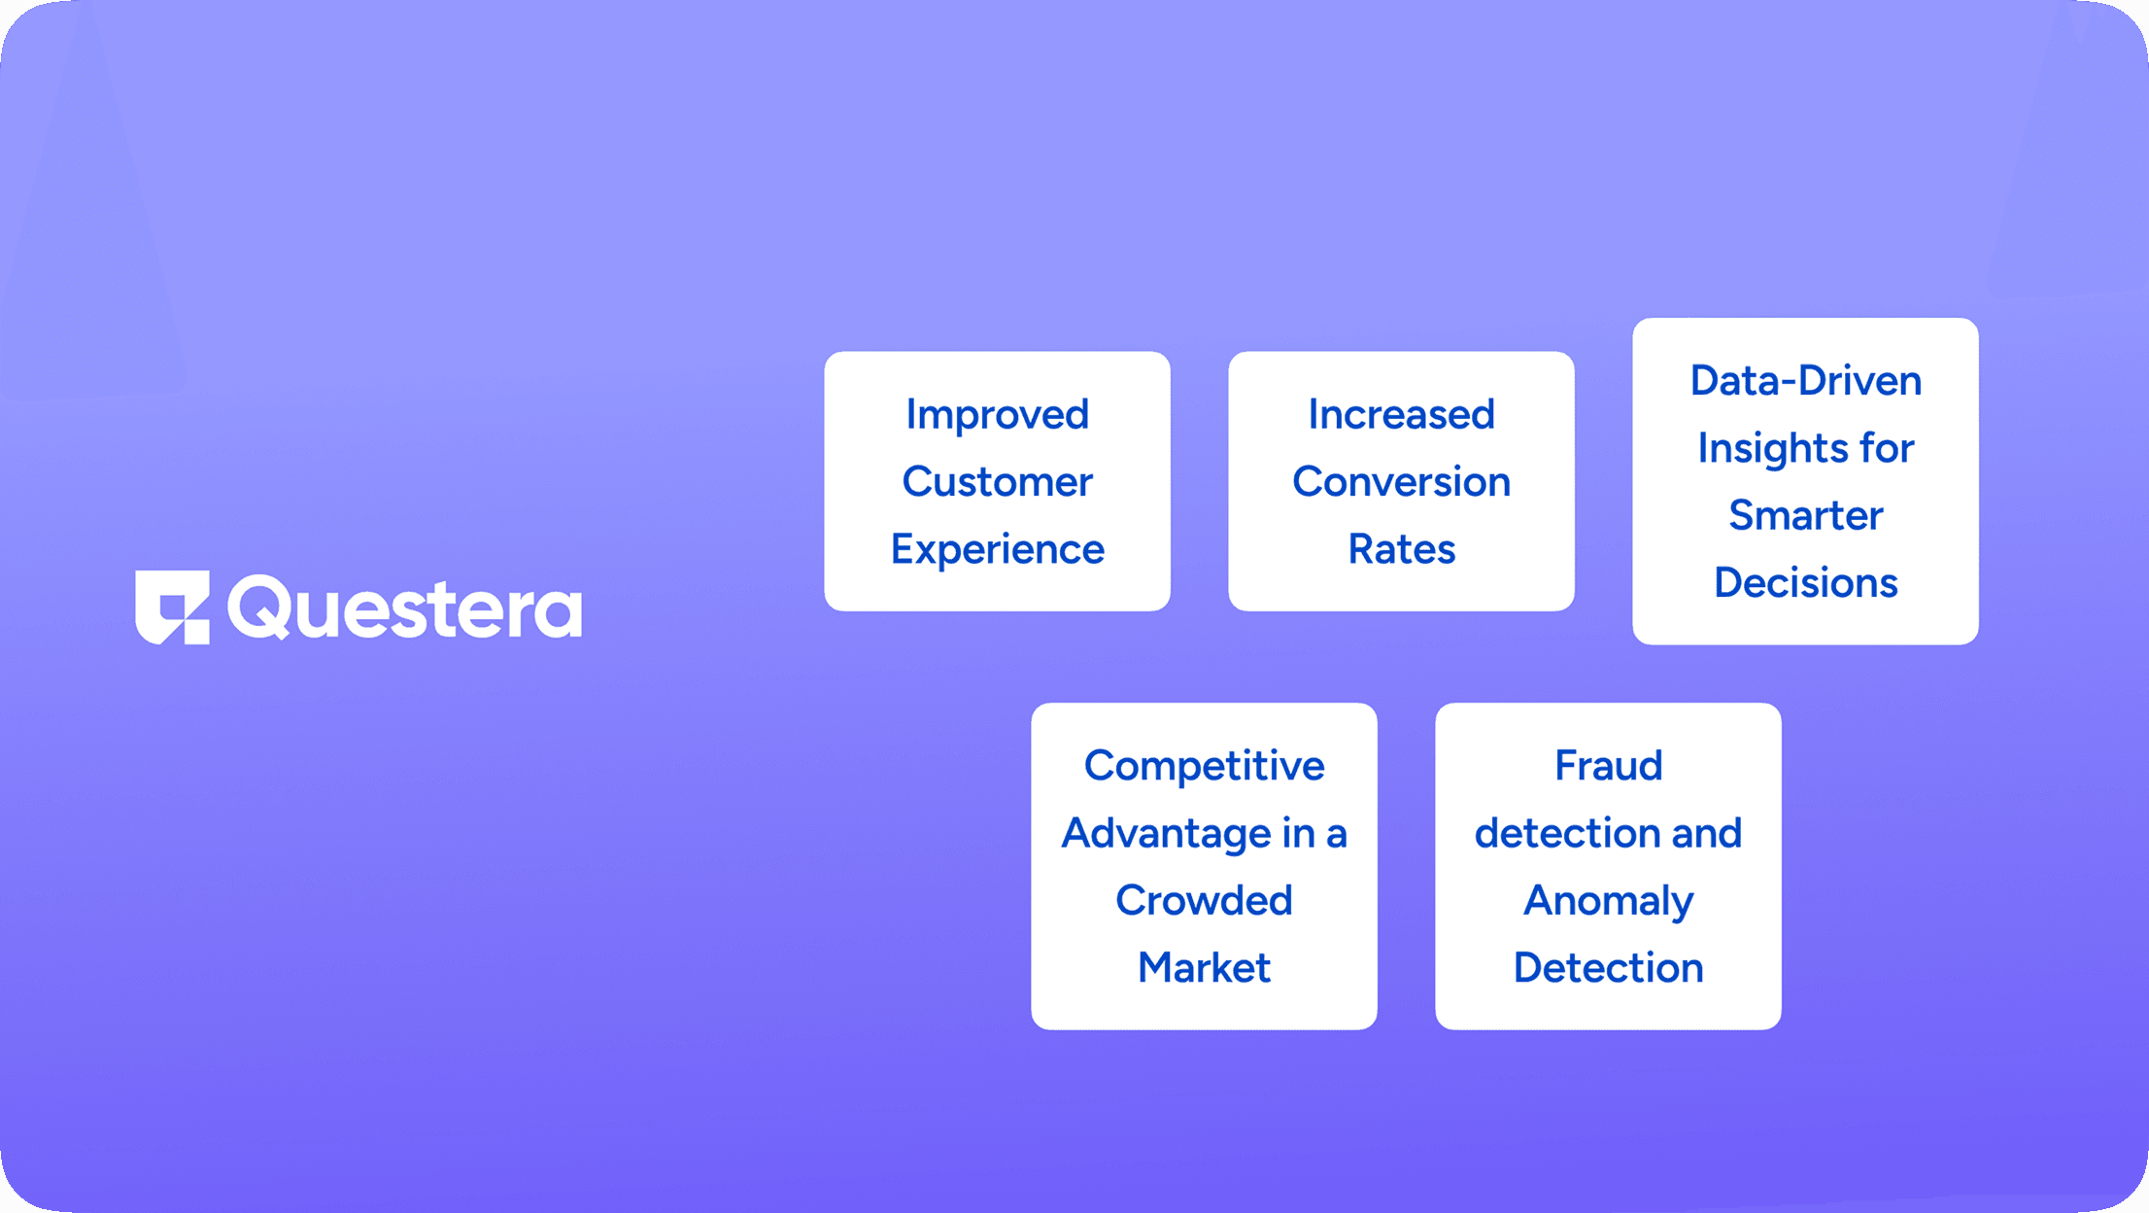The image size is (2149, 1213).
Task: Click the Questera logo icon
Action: pyautogui.click(x=172, y=607)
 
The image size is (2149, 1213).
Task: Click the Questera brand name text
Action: pyautogui.click(x=405, y=608)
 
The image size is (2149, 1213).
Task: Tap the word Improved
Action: pyautogui.click(x=998, y=416)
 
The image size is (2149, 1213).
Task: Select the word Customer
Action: pyautogui.click(x=998, y=482)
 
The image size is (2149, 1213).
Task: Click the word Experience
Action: pyautogui.click(x=998, y=550)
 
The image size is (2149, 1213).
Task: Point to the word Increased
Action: pyautogui.click(x=1402, y=415)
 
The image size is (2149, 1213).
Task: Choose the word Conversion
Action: pyautogui.click(x=1402, y=482)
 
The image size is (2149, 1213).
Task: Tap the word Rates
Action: pyautogui.click(x=1402, y=549)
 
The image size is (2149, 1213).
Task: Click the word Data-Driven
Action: pyautogui.click(x=1806, y=380)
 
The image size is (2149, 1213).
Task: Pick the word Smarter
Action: pyautogui.click(x=1806, y=515)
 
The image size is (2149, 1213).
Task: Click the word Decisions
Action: pyautogui.click(x=1806, y=583)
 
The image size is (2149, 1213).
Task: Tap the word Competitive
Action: pyautogui.click(x=1205, y=767)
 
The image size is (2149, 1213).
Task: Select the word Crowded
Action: pyautogui.click(x=1205, y=900)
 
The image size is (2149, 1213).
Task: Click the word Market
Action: pyautogui.click(x=1205, y=968)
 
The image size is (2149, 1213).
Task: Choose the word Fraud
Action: pyautogui.click(x=1609, y=766)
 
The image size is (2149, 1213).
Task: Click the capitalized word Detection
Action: pyautogui.click(x=1609, y=968)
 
